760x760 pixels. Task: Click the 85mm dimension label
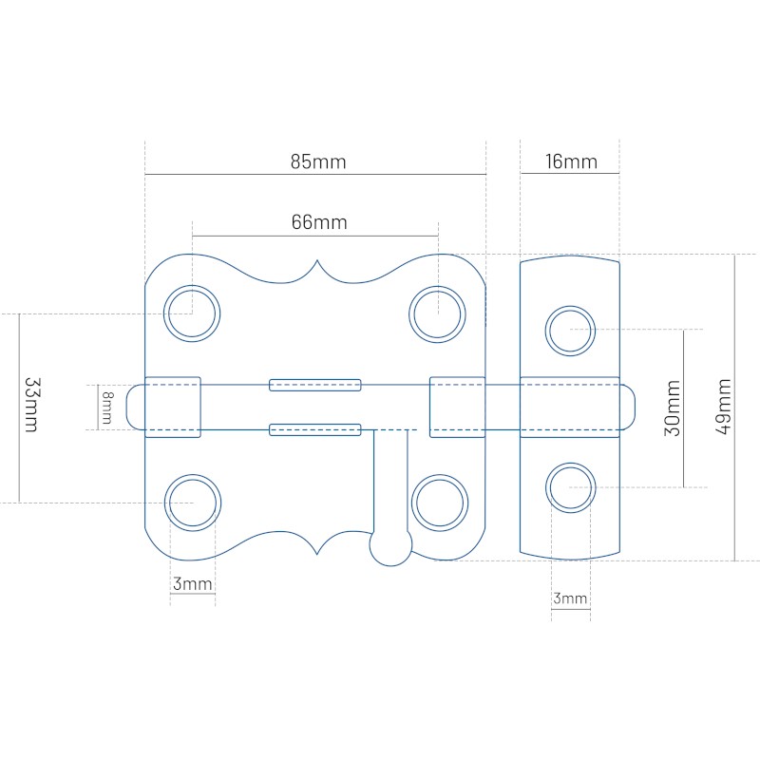pos(318,161)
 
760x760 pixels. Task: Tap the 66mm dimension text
pos(319,222)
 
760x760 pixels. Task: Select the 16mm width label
pos(571,161)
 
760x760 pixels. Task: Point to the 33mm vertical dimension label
pos(32,405)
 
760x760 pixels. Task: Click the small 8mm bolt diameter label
pos(107,408)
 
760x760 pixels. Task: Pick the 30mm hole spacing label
pos(673,408)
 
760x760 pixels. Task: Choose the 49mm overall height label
pos(723,407)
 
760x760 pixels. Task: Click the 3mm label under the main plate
pos(193,583)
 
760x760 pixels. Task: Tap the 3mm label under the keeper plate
pos(571,598)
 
